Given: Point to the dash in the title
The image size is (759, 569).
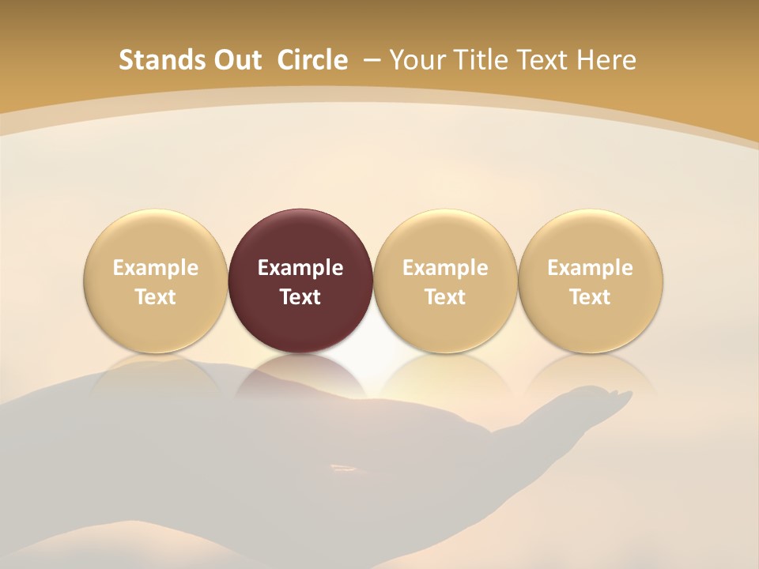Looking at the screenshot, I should click(372, 60).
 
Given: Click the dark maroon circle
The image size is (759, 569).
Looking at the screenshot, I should click(300, 281).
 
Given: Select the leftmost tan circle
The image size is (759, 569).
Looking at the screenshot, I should click(156, 281).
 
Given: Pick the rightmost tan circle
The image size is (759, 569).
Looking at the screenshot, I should click(591, 281).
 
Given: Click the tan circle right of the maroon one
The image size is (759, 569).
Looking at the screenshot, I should click(445, 281).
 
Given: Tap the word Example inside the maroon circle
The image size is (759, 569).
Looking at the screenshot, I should click(300, 268).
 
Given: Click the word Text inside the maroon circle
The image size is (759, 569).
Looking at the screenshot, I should click(300, 297).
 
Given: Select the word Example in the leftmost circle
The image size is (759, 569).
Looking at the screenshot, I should click(156, 268).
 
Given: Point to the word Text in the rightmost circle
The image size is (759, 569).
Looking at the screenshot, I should click(591, 297).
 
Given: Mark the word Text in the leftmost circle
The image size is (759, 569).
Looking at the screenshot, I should click(156, 297).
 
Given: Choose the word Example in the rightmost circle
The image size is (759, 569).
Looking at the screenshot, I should click(591, 268).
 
